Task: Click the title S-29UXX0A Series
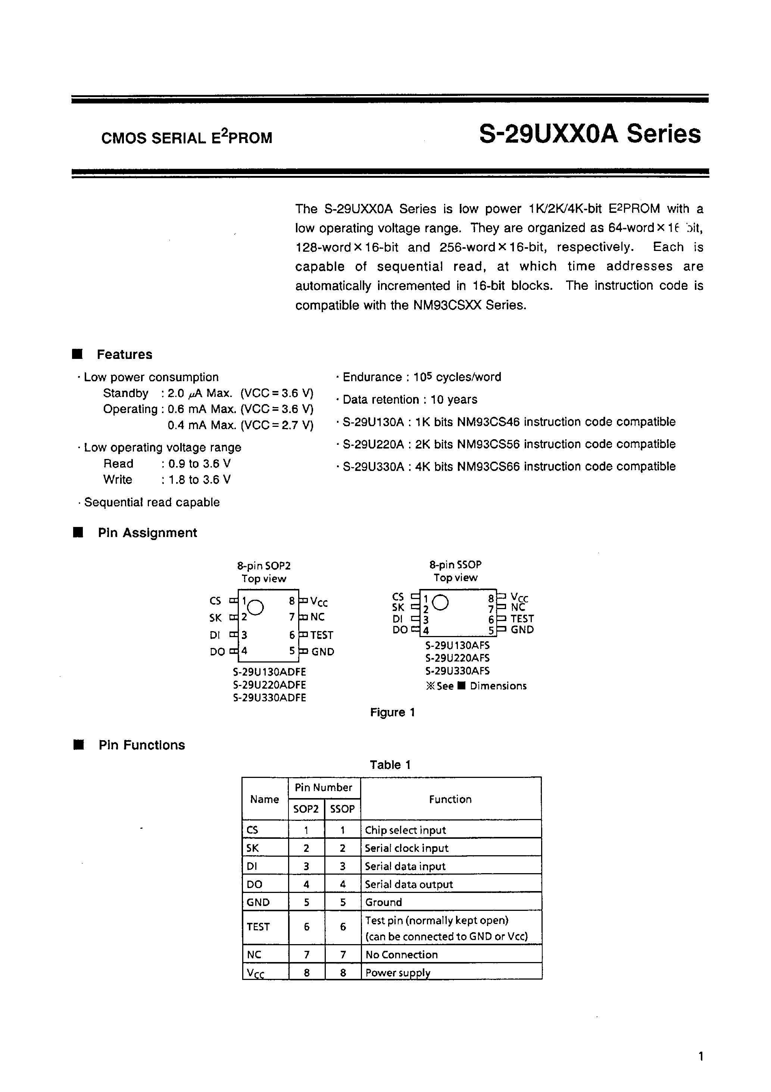589,134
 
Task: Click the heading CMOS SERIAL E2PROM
187,138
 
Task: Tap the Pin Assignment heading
147,533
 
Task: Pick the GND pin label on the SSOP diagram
522,630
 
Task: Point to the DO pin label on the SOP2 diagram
217,652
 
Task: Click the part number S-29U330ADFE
269,698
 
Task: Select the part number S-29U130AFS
457,645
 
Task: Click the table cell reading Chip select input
405,830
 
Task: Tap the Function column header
450,799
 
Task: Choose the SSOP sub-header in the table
342,809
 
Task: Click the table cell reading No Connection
401,955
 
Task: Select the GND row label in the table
258,902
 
